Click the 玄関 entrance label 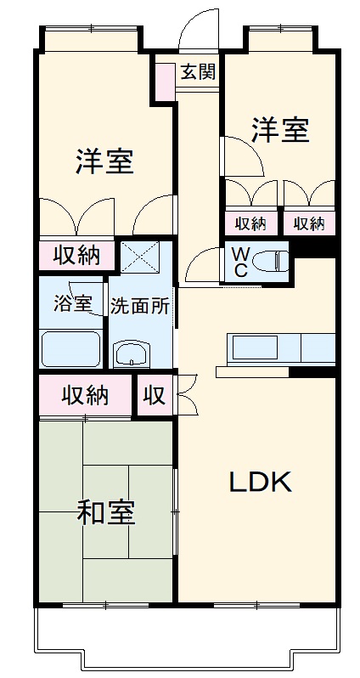pos(197,71)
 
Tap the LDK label pos(261,482)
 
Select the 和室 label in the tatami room pos(106,513)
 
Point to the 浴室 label pos(72,304)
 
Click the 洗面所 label pos(140,307)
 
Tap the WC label pos(240,262)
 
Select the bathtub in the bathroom pos(71,348)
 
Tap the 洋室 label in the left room pos(104,161)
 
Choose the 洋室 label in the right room pos(279,132)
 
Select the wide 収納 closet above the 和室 pos(85,395)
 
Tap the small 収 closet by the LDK pos(154,395)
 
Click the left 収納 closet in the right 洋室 pos(251,223)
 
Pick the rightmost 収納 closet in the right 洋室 pos(309,223)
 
